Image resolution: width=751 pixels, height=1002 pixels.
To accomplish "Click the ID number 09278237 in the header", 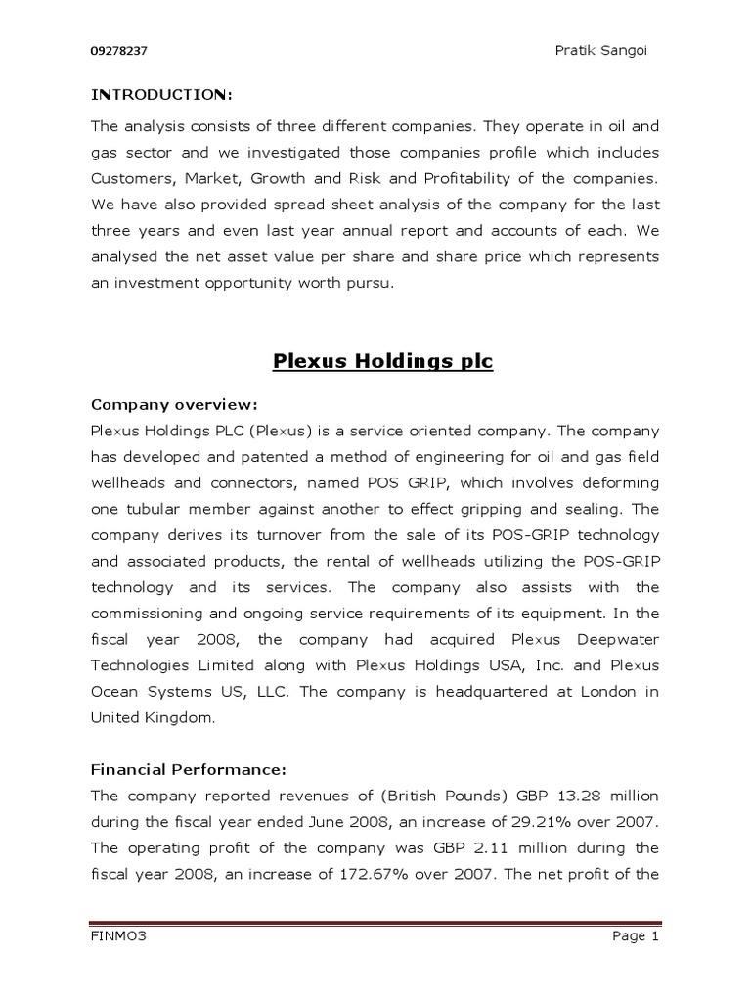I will [118, 50].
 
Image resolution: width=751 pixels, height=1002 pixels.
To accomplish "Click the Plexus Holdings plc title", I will [381, 362].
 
